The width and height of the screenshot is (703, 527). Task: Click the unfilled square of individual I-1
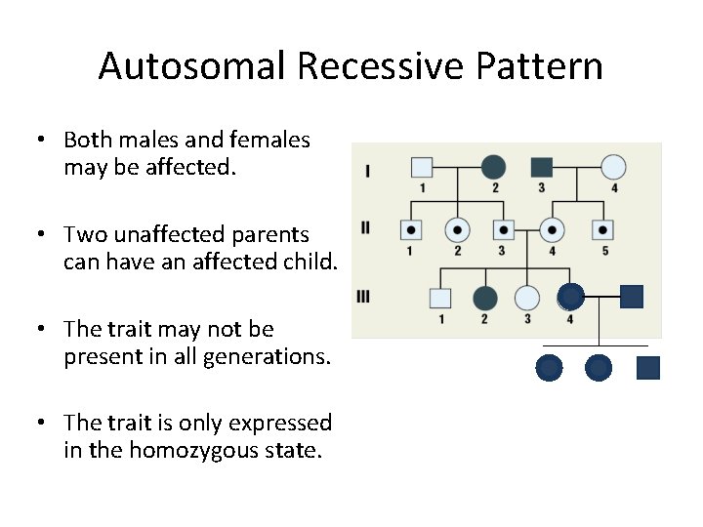click(421, 167)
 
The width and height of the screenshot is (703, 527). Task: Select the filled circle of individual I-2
click(494, 167)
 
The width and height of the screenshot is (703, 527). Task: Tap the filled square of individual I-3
click(542, 167)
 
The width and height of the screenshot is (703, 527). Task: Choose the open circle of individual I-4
click(613, 167)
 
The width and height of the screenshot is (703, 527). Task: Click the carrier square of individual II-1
click(411, 230)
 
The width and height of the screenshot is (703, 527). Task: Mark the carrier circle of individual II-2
click(457, 230)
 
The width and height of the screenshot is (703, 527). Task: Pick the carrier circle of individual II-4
click(554, 230)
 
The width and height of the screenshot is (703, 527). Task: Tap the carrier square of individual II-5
click(603, 230)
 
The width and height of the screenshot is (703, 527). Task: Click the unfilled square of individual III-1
click(440, 298)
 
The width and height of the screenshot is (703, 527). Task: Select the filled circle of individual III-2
click(485, 298)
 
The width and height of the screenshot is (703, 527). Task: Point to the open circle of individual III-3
click(527, 298)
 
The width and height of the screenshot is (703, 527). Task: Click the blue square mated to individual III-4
click(632, 296)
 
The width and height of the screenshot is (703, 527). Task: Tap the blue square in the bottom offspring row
click(648, 368)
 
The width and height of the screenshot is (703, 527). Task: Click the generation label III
click(364, 297)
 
